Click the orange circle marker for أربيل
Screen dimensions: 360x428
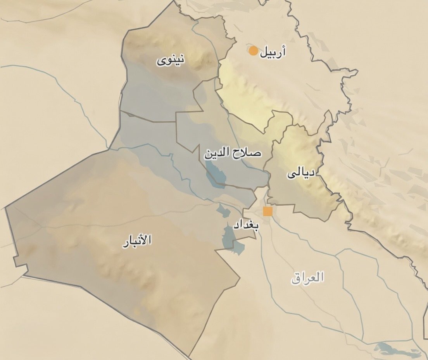tap(253, 51)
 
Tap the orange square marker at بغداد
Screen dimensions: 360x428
tap(267, 211)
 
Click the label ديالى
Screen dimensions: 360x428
tap(301, 173)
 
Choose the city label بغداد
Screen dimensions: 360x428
tap(246, 225)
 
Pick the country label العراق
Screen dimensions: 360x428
tap(307, 277)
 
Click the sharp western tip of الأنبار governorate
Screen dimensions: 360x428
tap(6, 208)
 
